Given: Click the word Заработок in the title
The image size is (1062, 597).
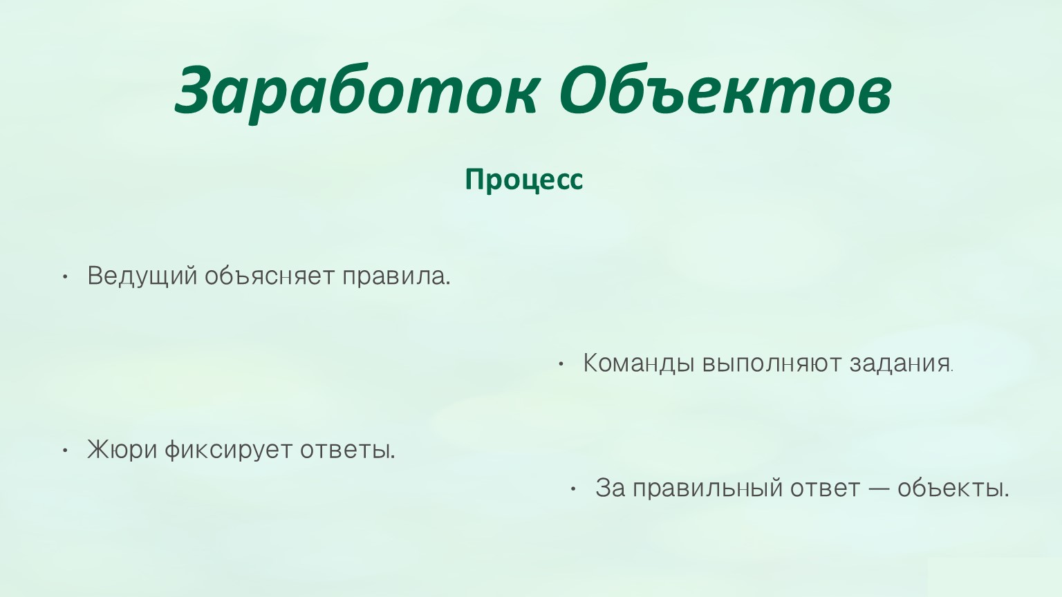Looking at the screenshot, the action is coord(357,91).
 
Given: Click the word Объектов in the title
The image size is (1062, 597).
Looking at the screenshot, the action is coord(725,89).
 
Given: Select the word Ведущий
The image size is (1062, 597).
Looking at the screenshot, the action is coord(142,276).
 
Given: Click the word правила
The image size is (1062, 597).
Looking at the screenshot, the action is coord(396,276).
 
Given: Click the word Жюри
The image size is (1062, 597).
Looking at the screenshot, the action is coord(122,450).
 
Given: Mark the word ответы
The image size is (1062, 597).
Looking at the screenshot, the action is coord(348,450).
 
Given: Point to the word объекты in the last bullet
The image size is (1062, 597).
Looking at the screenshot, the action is coord(953,488).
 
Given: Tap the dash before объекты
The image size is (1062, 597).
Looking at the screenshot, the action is coord(879,489).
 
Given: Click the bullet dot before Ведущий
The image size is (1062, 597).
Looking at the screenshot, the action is coord(66,277).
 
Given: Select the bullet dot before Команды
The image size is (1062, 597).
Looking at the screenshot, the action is coord(561,364).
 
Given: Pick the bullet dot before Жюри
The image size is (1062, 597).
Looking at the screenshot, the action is coord(66,451).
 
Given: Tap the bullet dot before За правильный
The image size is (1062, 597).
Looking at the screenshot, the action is coord(572,489).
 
